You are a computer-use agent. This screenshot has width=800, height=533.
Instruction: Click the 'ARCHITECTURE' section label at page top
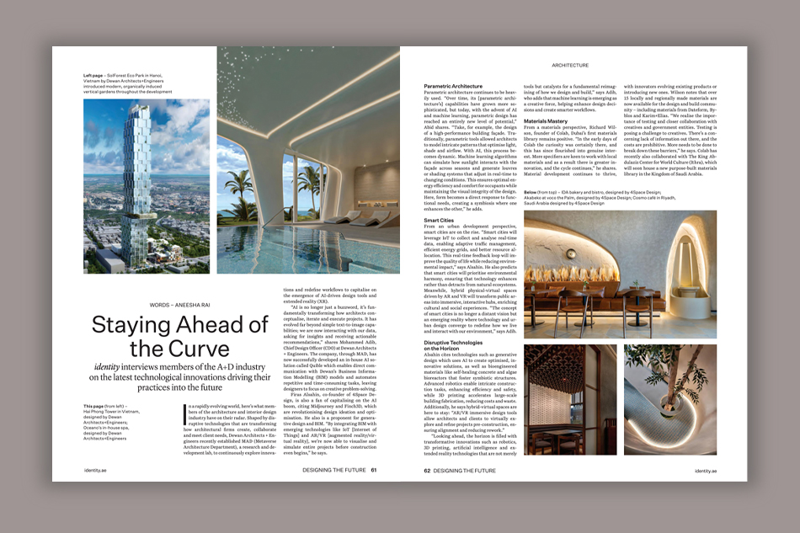569,65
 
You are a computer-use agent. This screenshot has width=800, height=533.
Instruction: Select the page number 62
427,471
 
